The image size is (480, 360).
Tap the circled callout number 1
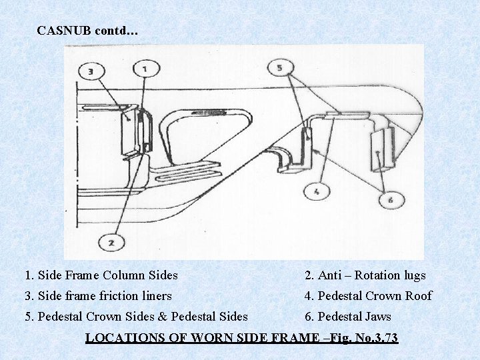click(x=146, y=68)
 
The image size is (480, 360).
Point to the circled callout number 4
click(x=317, y=193)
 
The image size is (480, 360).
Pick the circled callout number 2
click(x=111, y=243)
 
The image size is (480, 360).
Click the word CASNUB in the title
click(x=65, y=31)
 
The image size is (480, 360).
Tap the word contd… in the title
click(x=117, y=31)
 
